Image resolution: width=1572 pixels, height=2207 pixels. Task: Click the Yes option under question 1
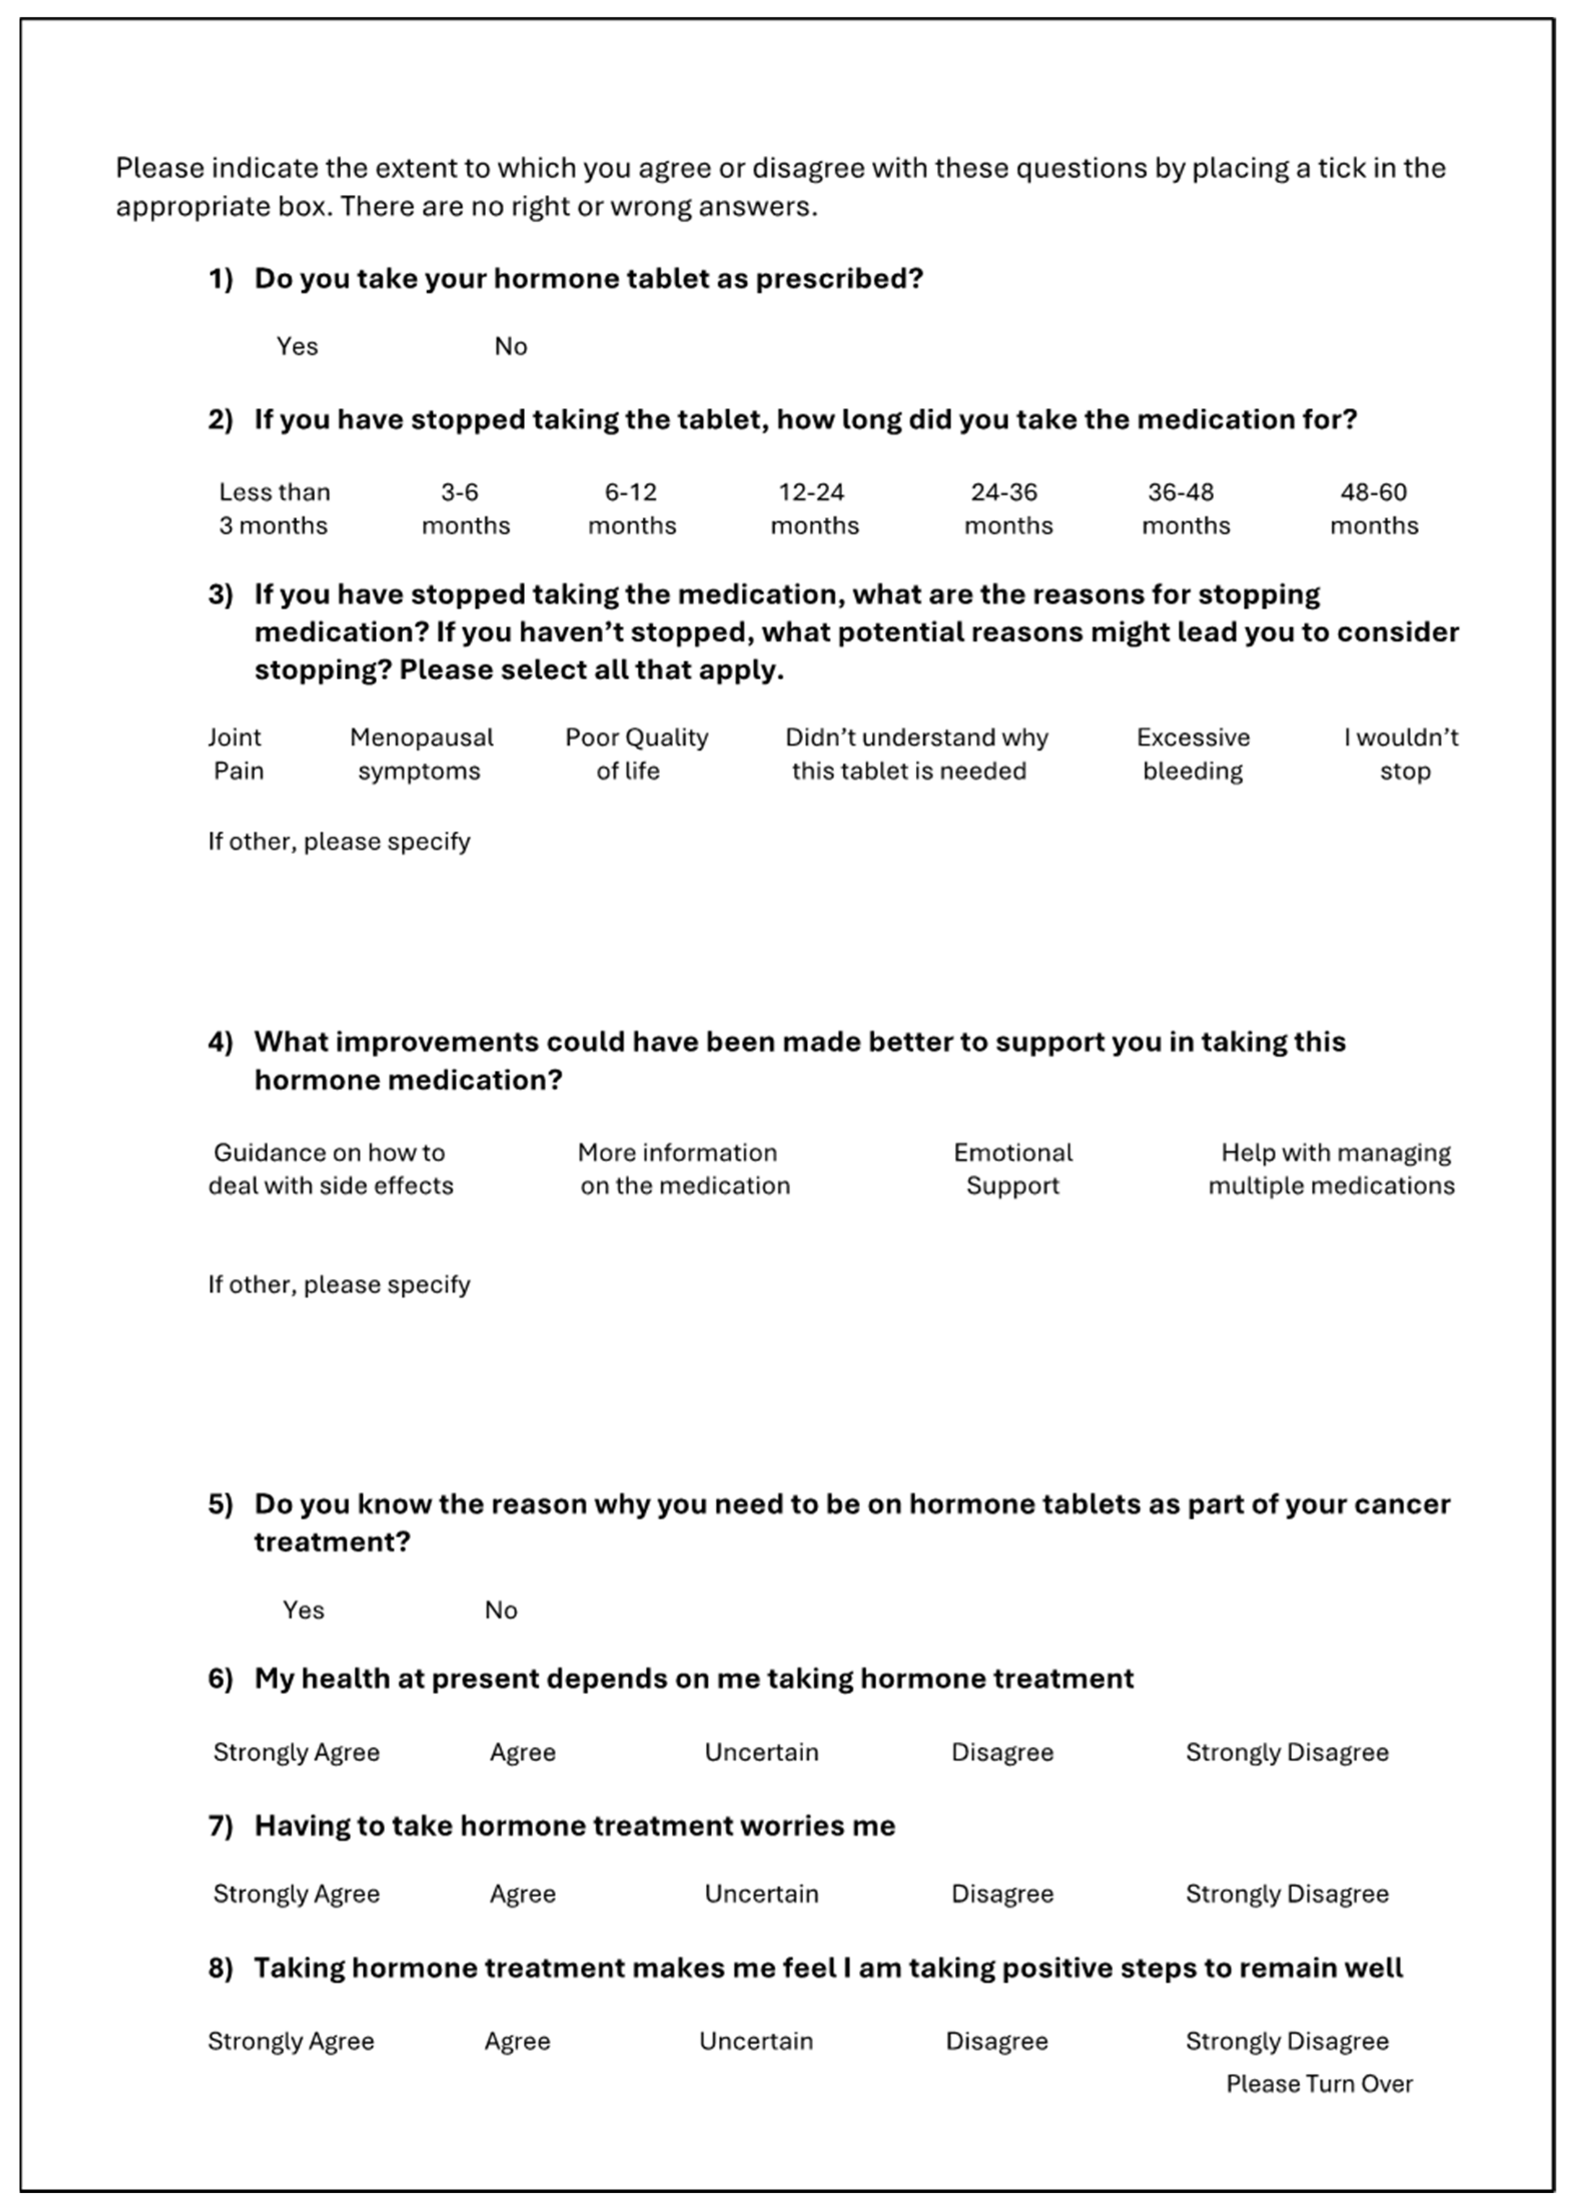(x=297, y=347)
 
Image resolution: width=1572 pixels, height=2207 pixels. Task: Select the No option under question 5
(x=500, y=1610)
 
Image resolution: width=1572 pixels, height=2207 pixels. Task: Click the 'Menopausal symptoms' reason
(x=421, y=754)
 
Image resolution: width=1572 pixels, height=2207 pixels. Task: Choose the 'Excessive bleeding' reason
(x=1193, y=754)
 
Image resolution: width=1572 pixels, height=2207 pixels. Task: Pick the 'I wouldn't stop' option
(x=1401, y=754)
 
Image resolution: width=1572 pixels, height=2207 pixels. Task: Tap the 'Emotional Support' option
(x=1013, y=1169)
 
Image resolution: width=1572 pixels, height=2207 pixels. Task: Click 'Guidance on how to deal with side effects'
(x=330, y=1169)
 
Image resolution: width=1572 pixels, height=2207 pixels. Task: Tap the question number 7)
(x=221, y=1826)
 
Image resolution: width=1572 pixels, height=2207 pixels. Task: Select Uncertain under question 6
(x=761, y=1752)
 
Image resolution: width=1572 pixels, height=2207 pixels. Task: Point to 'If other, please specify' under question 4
(x=339, y=1284)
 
